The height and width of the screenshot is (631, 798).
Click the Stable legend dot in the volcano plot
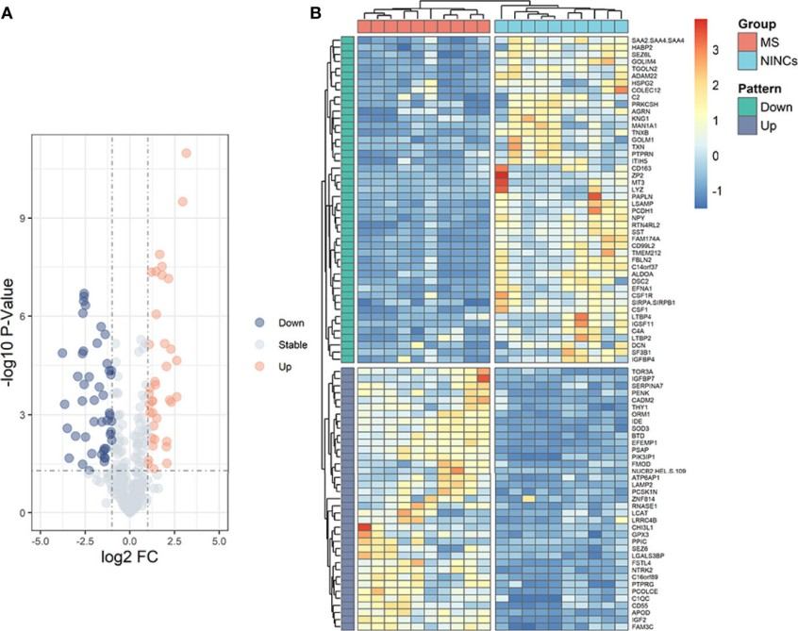pos(260,344)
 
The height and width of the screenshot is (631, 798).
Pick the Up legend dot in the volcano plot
pos(260,367)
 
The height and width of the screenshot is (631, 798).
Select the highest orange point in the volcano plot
pos(187,153)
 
